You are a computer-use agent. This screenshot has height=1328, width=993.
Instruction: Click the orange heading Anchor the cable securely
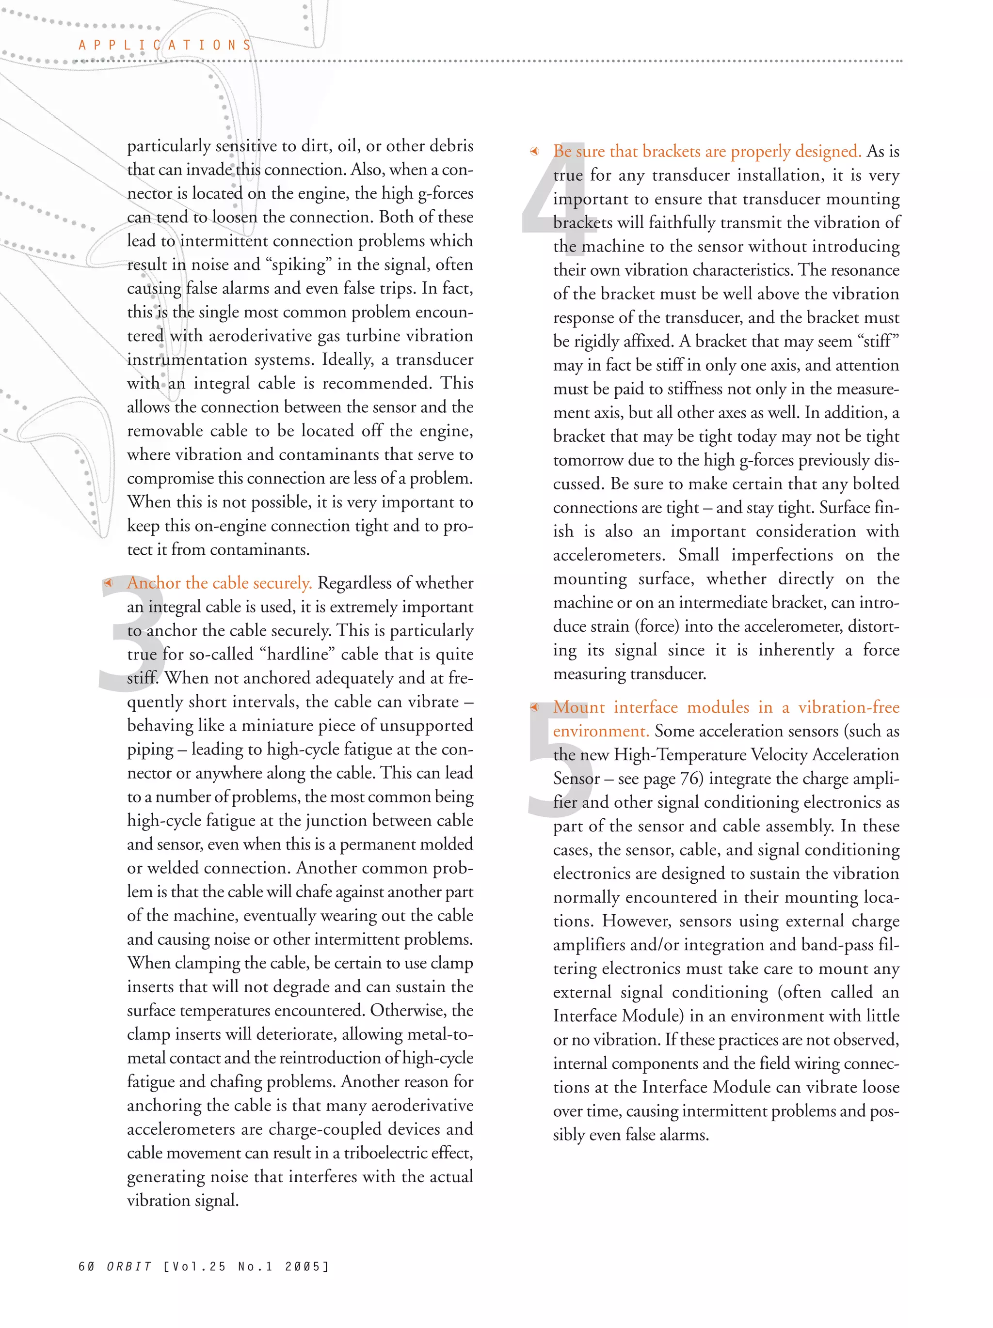tap(219, 583)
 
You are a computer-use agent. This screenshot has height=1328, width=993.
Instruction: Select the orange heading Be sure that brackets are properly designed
tap(707, 151)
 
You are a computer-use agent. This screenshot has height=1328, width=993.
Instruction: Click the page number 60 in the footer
tap(86, 1266)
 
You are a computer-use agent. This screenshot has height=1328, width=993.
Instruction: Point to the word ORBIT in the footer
tap(129, 1266)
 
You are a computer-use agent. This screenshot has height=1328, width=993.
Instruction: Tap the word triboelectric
tap(387, 1153)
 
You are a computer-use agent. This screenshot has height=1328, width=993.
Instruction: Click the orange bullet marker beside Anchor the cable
tap(108, 583)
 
